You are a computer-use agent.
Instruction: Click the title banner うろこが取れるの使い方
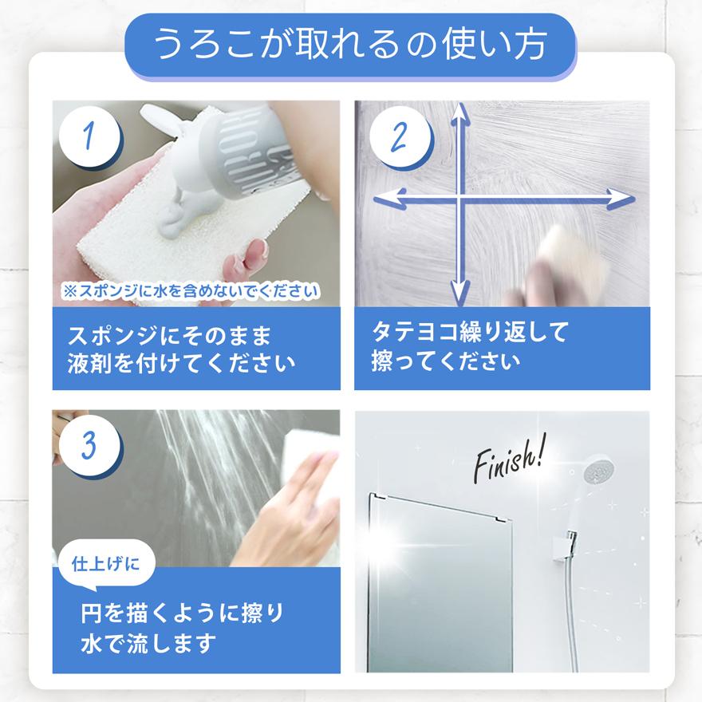351,45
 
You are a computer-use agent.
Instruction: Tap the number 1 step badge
90,137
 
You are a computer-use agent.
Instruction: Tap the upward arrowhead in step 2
459,117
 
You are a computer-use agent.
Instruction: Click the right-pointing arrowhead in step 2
621,199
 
